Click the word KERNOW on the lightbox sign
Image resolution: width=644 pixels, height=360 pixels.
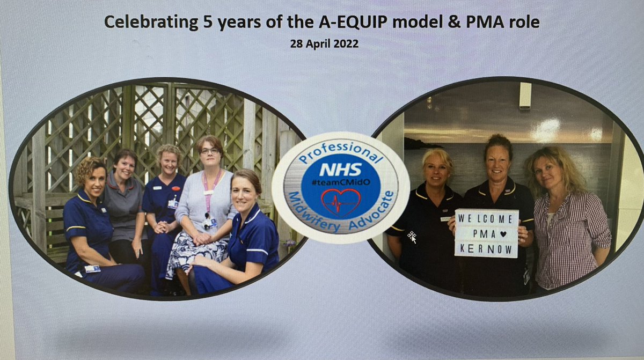click(486, 249)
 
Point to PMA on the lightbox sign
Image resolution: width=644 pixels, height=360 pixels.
click(480, 235)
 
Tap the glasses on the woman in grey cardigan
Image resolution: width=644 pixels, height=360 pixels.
click(209, 152)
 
